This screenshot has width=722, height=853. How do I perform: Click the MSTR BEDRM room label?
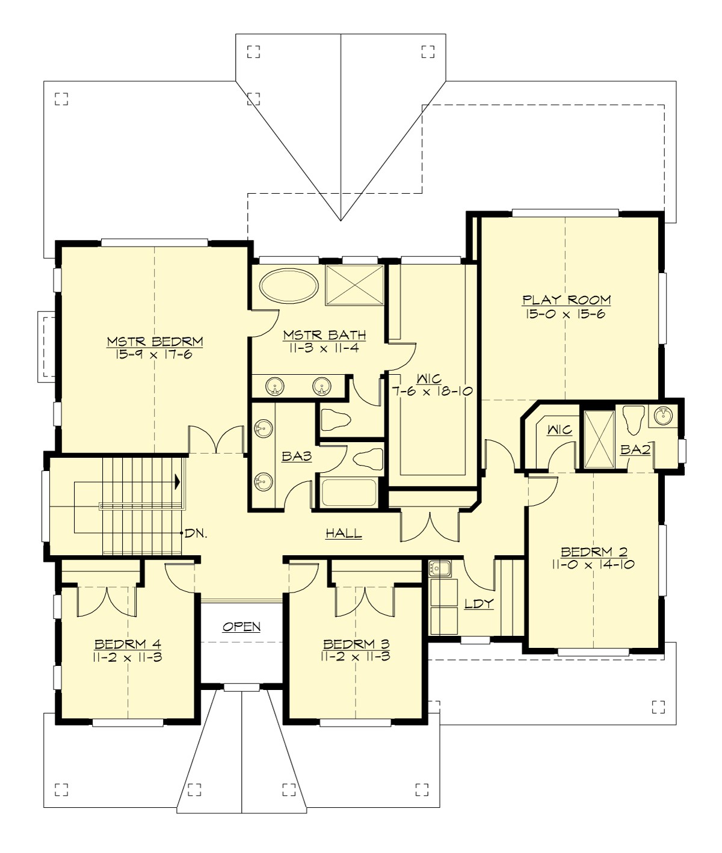point(155,341)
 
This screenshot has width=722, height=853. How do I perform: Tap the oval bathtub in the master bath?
point(291,286)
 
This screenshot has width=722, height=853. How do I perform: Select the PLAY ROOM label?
point(566,300)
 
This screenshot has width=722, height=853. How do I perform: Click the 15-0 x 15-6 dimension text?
point(566,313)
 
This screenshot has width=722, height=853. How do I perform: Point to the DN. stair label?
point(196,533)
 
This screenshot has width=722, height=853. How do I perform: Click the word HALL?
point(344,533)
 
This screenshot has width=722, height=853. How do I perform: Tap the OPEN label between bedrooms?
point(242,627)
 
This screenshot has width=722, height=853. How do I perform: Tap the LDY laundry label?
point(479,603)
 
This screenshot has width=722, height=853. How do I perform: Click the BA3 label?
point(297,457)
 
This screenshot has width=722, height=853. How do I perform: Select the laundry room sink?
point(440,568)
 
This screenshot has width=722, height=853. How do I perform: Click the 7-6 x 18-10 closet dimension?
point(432,392)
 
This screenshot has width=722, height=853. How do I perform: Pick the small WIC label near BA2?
point(559,430)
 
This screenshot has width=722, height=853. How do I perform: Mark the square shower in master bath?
point(354,285)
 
